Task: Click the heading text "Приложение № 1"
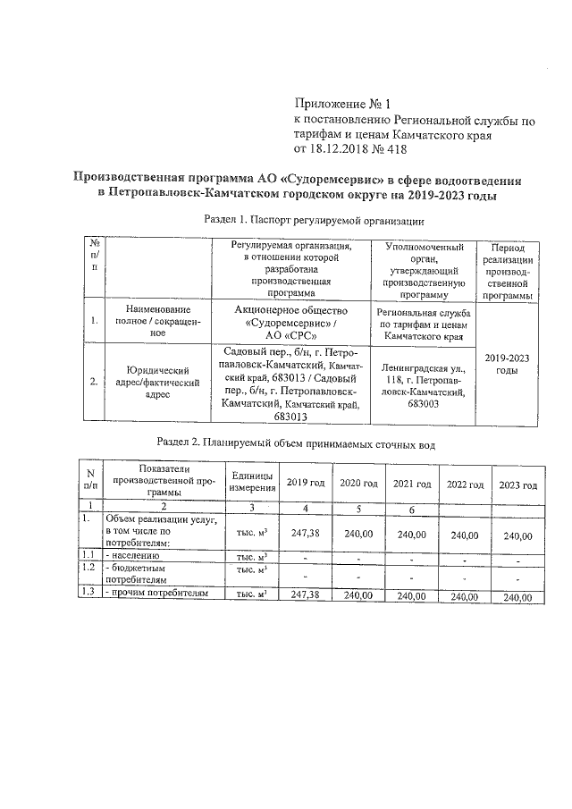[x=343, y=103]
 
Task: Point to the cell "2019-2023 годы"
[x=506, y=364]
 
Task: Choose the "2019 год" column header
[x=305, y=484]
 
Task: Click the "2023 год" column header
[x=518, y=485]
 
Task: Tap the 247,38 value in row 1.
[x=305, y=534]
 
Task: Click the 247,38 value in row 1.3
[x=305, y=594]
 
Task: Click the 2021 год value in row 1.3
[x=412, y=594]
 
